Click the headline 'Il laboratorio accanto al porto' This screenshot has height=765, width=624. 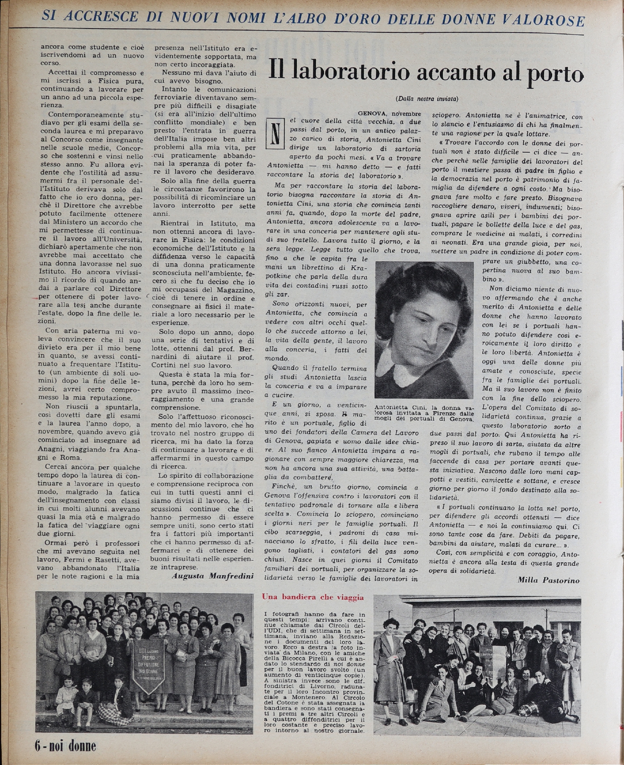click(x=426, y=72)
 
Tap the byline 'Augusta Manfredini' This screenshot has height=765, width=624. click(x=212, y=576)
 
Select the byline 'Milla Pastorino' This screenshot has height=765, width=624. click(x=548, y=580)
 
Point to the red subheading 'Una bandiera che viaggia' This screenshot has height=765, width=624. click(x=312, y=597)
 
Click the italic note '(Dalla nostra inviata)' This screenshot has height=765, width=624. click(x=426, y=99)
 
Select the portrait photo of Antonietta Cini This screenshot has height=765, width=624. click(x=424, y=330)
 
